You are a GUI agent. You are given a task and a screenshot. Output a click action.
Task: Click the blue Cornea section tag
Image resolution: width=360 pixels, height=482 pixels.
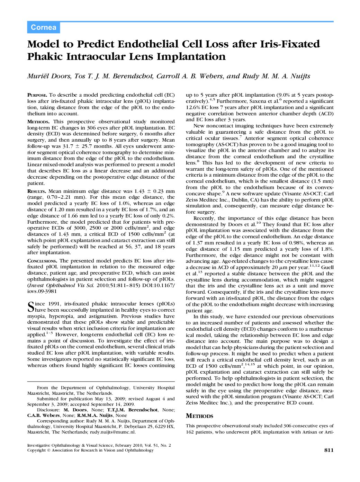[x=43, y=27]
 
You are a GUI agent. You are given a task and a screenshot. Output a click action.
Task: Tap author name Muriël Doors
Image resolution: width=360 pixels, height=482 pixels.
[x=48, y=76]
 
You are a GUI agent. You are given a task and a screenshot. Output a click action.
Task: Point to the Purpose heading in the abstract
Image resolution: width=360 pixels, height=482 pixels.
[x=37, y=95]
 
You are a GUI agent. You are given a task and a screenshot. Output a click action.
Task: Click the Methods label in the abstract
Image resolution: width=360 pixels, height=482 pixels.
[x=38, y=122]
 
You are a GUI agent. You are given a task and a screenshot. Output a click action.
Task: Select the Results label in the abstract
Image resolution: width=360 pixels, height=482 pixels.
[x=37, y=191]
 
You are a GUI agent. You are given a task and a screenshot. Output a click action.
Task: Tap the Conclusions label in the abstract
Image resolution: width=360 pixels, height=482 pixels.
[x=42, y=261]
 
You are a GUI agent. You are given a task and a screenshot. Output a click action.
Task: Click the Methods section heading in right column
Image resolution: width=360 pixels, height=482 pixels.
[x=199, y=416]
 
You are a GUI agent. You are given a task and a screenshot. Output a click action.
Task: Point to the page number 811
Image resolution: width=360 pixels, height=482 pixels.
[x=328, y=450]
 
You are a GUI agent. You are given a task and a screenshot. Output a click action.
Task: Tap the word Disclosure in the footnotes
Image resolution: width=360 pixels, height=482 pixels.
[x=48, y=410]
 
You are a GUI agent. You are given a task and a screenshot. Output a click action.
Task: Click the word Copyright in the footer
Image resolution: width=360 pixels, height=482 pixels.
[x=36, y=450]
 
